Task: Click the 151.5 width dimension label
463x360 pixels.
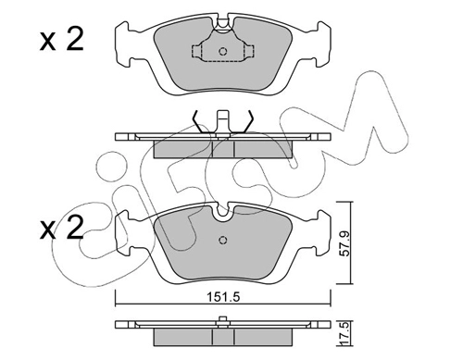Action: tap(223, 297)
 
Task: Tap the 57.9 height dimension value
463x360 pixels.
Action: tap(344, 243)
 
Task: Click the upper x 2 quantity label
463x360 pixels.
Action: tap(62, 40)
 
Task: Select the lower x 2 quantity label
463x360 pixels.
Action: tap(62, 229)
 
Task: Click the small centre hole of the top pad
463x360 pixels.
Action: tap(223, 51)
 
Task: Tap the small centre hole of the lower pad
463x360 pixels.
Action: tap(223, 240)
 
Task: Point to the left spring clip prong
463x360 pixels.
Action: tap(198, 122)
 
